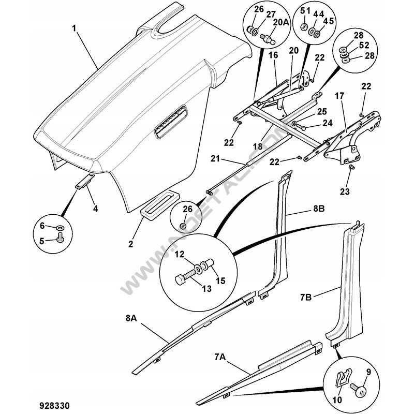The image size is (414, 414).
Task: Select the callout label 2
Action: click(131, 243)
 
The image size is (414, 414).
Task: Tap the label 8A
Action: click(130, 319)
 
